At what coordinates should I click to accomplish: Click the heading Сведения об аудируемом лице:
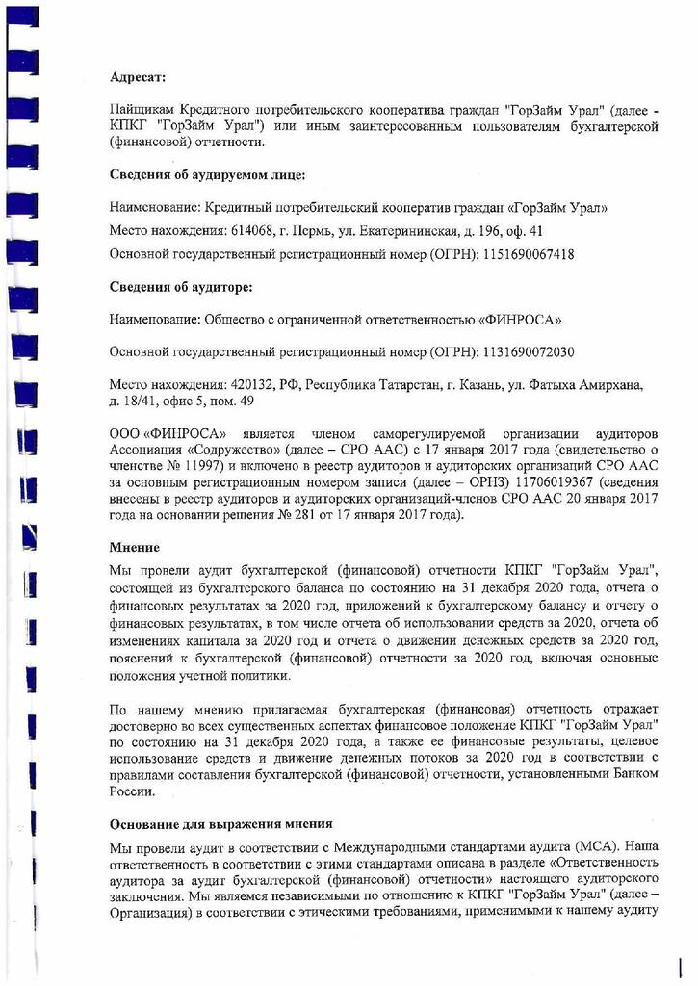point(207,175)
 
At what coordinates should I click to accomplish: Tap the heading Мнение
point(134,547)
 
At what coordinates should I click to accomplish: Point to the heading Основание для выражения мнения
point(221,824)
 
